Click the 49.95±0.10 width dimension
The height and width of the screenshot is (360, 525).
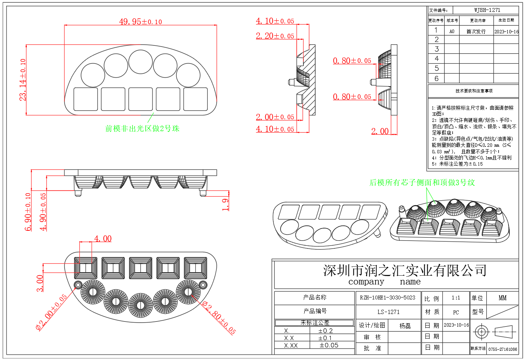[x=140, y=21]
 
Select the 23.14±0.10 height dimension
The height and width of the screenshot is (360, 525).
[x=23, y=80]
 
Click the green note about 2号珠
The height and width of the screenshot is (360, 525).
[x=142, y=128]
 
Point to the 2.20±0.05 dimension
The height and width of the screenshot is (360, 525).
[x=275, y=36]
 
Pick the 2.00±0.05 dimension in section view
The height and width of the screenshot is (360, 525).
[x=275, y=117]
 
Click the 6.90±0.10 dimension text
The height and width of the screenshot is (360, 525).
[x=28, y=212]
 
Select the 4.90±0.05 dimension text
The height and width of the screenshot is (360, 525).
[x=43, y=212]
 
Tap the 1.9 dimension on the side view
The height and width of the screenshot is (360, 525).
[x=226, y=204]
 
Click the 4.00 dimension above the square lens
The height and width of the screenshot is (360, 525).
[x=103, y=239]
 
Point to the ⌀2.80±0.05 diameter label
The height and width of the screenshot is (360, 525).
[x=218, y=318]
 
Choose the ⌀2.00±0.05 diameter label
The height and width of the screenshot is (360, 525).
[x=51, y=312]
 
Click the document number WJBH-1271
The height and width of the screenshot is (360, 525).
[x=487, y=10]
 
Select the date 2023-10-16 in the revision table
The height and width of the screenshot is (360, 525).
[x=506, y=31]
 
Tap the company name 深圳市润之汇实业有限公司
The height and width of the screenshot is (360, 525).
[x=405, y=271]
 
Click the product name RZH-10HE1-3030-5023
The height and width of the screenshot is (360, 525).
[x=387, y=298]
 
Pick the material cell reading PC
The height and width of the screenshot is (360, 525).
[x=456, y=312]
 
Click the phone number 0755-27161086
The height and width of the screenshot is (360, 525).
[x=502, y=349]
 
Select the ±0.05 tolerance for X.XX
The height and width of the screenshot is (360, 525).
[x=329, y=345]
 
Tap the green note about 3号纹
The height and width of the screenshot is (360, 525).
[x=422, y=182]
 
